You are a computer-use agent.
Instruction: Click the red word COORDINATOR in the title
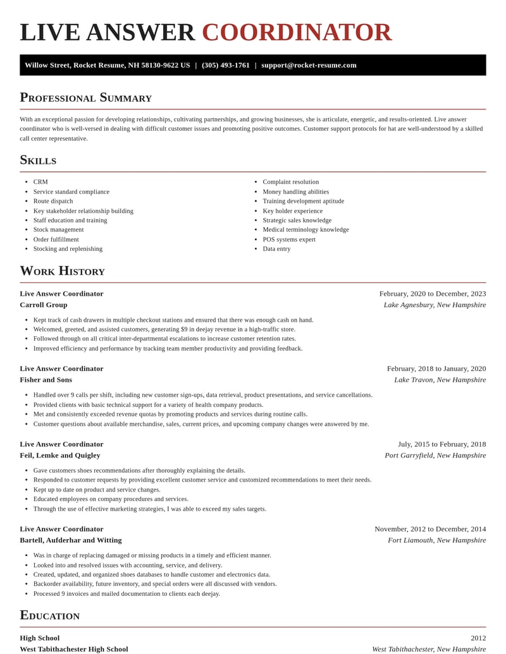tap(297, 32)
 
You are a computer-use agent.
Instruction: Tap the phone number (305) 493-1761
tap(226, 65)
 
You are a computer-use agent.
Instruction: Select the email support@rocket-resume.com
tap(309, 65)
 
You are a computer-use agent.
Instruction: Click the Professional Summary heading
tap(85, 97)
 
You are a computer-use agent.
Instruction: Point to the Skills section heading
tap(38, 160)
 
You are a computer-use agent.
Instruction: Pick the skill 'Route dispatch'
tap(53, 201)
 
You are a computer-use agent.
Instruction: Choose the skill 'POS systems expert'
tap(289, 239)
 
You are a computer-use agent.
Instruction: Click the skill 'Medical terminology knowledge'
tap(305, 229)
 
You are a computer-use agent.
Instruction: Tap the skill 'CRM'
tap(40, 182)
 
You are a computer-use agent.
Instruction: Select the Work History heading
tap(62, 271)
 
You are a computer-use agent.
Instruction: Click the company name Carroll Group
tap(44, 305)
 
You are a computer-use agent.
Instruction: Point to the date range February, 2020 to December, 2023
tap(433, 294)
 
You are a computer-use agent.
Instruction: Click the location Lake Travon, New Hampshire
tap(440, 380)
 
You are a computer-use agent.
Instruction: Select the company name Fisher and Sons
tap(46, 380)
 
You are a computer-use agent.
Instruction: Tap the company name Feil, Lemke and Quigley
tap(60, 455)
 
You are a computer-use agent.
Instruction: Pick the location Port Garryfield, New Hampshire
tap(435, 455)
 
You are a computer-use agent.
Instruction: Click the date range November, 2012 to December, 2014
tap(430, 529)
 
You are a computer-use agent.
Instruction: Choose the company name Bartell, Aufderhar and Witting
tap(71, 540)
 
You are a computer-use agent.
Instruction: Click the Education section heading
tap(49, 615)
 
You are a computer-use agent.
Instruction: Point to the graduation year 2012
tap(478, 638)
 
